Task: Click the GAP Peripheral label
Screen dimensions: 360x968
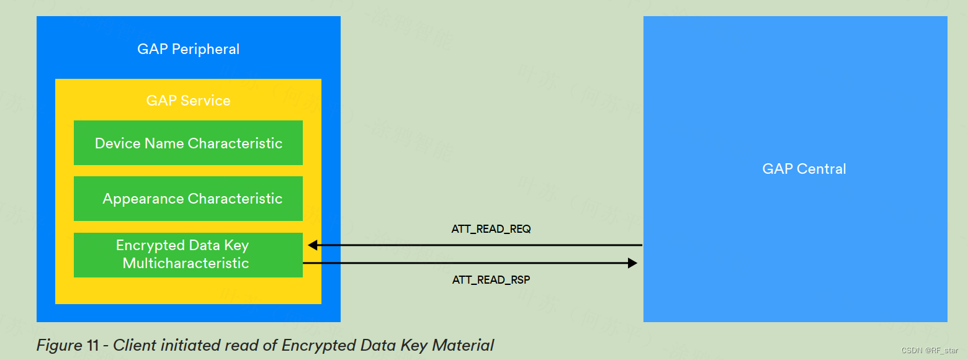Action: click(188, 49)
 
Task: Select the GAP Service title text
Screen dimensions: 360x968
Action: click(188, 101)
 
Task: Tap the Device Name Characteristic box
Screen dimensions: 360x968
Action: click(188, 143)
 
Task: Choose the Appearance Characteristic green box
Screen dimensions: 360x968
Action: click(188, 199)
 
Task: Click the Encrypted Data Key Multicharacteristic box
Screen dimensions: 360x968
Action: click(188, 254)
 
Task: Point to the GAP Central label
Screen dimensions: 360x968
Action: click(804, 169)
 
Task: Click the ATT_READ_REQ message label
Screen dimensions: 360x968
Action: click(491, 229)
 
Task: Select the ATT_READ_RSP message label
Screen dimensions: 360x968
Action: click(491, 280)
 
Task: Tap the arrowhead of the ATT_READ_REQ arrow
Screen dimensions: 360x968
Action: click(313, 245)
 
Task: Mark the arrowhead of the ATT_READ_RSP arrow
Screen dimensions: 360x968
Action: click(633, 263)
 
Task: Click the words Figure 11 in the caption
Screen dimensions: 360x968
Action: click(69, 345)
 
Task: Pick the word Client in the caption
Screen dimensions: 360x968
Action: click(132, 345)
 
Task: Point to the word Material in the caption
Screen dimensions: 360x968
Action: click(464, 345)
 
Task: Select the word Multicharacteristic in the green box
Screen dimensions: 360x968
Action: click(186, 263)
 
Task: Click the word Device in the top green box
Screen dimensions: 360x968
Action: click(117, 143)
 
